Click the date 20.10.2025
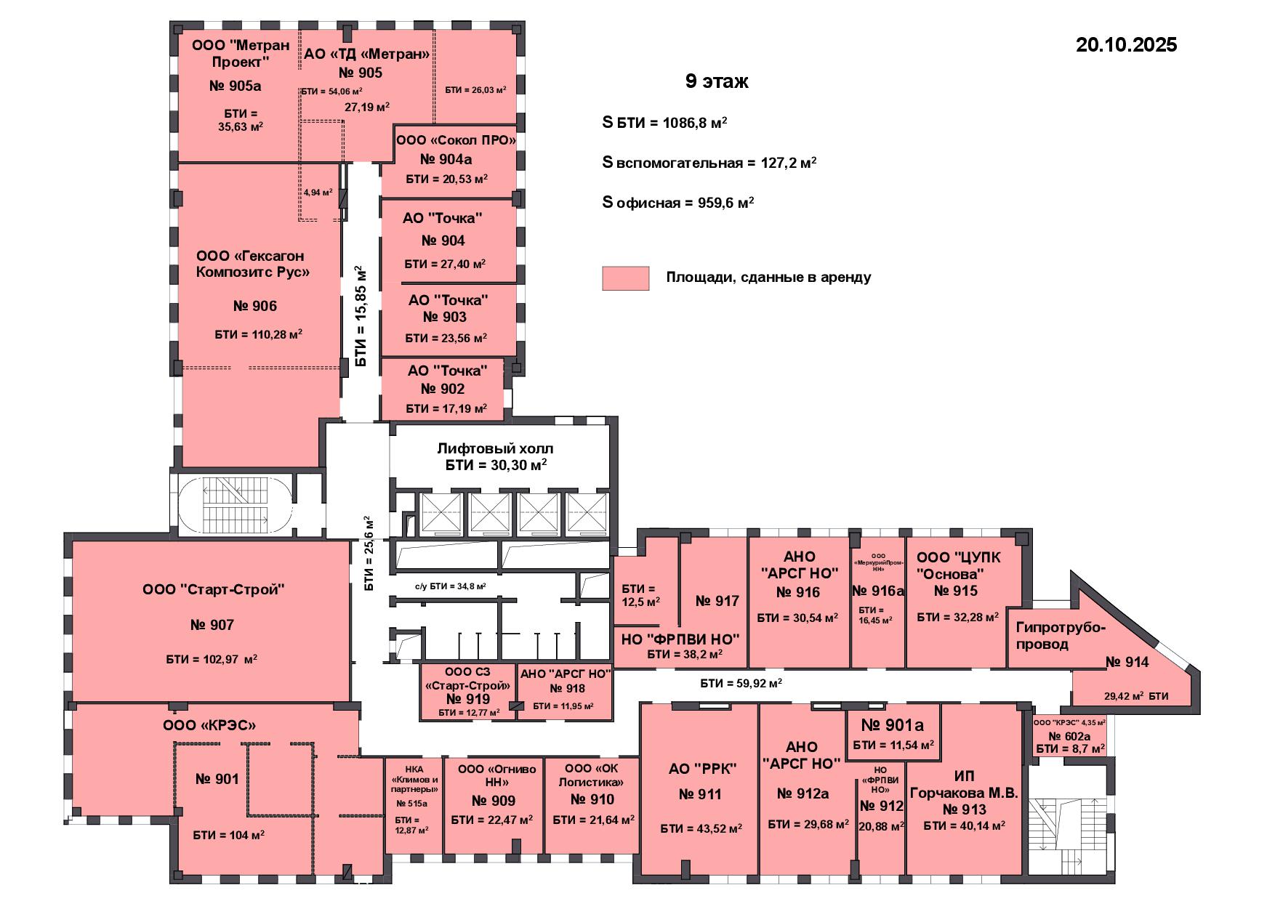(x=1126, y=45)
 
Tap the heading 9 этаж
(x=717, y=81)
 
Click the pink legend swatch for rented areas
(x=625, y=278)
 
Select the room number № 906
(x=255, y=306)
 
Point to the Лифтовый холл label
(x=495, y=448)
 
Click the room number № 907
(x=212, y=625)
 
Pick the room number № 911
(x=700, y=794)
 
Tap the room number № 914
(x=1127, y=662)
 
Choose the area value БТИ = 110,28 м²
(x=259, y=334)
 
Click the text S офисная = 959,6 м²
(x=678, y=203)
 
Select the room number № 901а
(x=892, y=725)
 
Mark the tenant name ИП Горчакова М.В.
(x=964, y=785)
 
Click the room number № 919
(x=468, y=699)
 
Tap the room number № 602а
(x=1070, y=736)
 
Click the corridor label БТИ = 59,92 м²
(x=741, y=683)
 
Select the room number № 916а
(x=878, y=591)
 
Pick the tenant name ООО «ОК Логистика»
(x=592, y=775)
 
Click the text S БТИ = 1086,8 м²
(x=665, y=123)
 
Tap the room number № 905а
(x=235, y=86)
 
